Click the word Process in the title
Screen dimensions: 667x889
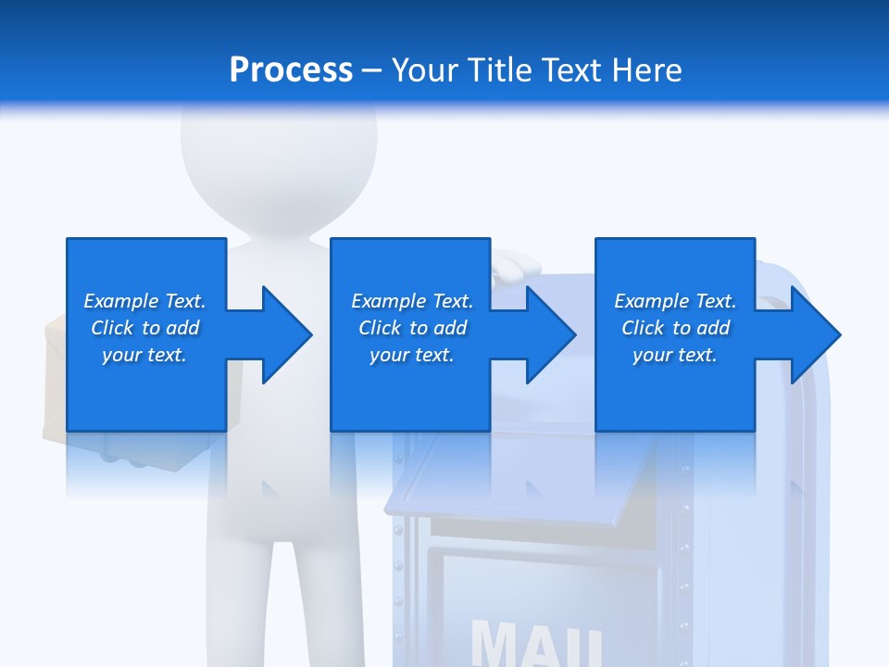(291, 70)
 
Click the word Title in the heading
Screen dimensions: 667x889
(495, 70)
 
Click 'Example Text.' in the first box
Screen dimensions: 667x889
(144, 301)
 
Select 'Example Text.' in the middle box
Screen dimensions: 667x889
(412, 301)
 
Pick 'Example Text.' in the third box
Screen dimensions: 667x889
(675, 301)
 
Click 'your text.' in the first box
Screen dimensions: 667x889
(144, 355)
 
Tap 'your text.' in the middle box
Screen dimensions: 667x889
(412, 355)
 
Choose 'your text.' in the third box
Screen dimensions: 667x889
(675, 355)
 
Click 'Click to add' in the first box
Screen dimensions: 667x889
(144, 328)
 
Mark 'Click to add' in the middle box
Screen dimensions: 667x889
(412, 328)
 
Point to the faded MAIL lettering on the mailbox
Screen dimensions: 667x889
(537, 644)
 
